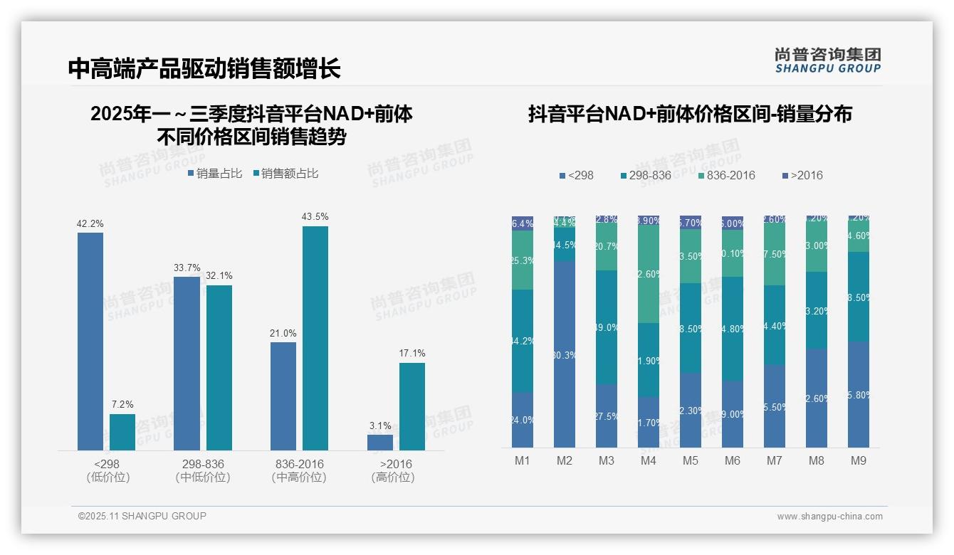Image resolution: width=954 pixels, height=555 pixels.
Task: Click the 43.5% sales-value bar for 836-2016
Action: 315,338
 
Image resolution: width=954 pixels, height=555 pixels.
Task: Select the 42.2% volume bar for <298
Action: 90,342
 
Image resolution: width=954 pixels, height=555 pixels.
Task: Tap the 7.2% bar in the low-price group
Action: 122,432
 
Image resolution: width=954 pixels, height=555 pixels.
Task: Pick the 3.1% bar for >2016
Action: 380,443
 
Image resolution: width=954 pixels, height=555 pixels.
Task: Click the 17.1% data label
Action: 412,353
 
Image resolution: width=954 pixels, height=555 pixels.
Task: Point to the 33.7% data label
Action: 187,268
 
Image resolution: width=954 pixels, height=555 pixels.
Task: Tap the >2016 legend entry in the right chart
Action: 802,175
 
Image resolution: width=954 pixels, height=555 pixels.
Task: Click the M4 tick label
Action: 648,460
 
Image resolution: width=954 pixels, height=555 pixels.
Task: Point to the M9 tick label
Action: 859,460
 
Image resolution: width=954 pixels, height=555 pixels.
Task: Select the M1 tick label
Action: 523,460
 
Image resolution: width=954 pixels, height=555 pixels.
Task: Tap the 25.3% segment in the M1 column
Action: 523,260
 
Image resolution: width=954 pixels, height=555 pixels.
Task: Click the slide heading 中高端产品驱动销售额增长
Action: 204,68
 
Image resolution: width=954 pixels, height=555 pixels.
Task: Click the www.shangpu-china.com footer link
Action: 829,517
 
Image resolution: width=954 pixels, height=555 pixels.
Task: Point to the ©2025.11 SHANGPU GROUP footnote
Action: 142,516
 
